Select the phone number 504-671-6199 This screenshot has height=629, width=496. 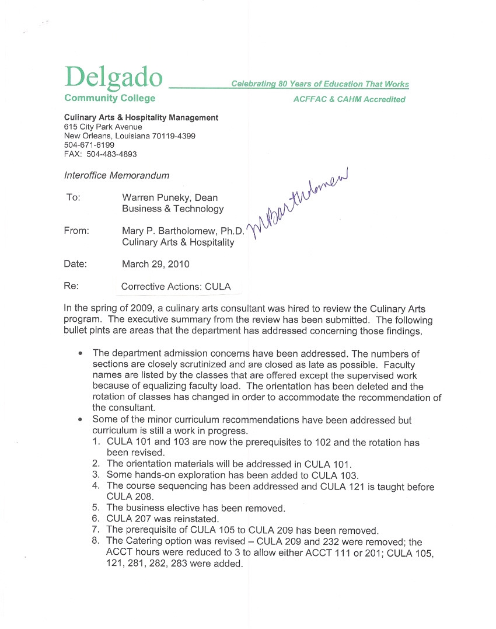89,144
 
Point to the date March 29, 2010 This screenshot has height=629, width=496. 155,264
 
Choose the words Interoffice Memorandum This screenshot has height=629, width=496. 117,175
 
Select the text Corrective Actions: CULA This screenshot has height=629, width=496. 176,287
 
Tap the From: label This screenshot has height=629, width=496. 76,231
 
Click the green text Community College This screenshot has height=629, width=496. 110,98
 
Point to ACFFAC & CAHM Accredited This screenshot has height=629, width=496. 349,99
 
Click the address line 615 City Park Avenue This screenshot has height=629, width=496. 103,127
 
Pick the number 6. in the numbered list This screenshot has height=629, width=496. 96,518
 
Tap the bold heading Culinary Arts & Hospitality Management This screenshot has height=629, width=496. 141,117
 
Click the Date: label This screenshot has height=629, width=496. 75,264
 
